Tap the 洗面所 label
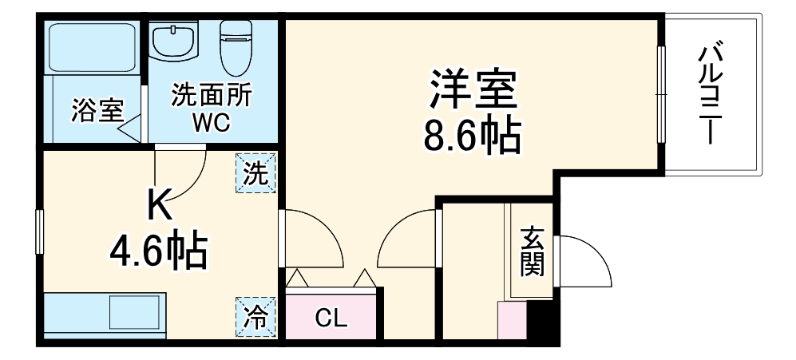click(212, 96)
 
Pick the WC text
click(211, 123)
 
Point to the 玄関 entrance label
click(532, 251)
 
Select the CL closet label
click(331, 319)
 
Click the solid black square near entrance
click(545, 322)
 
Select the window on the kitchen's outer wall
click(38, 231)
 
